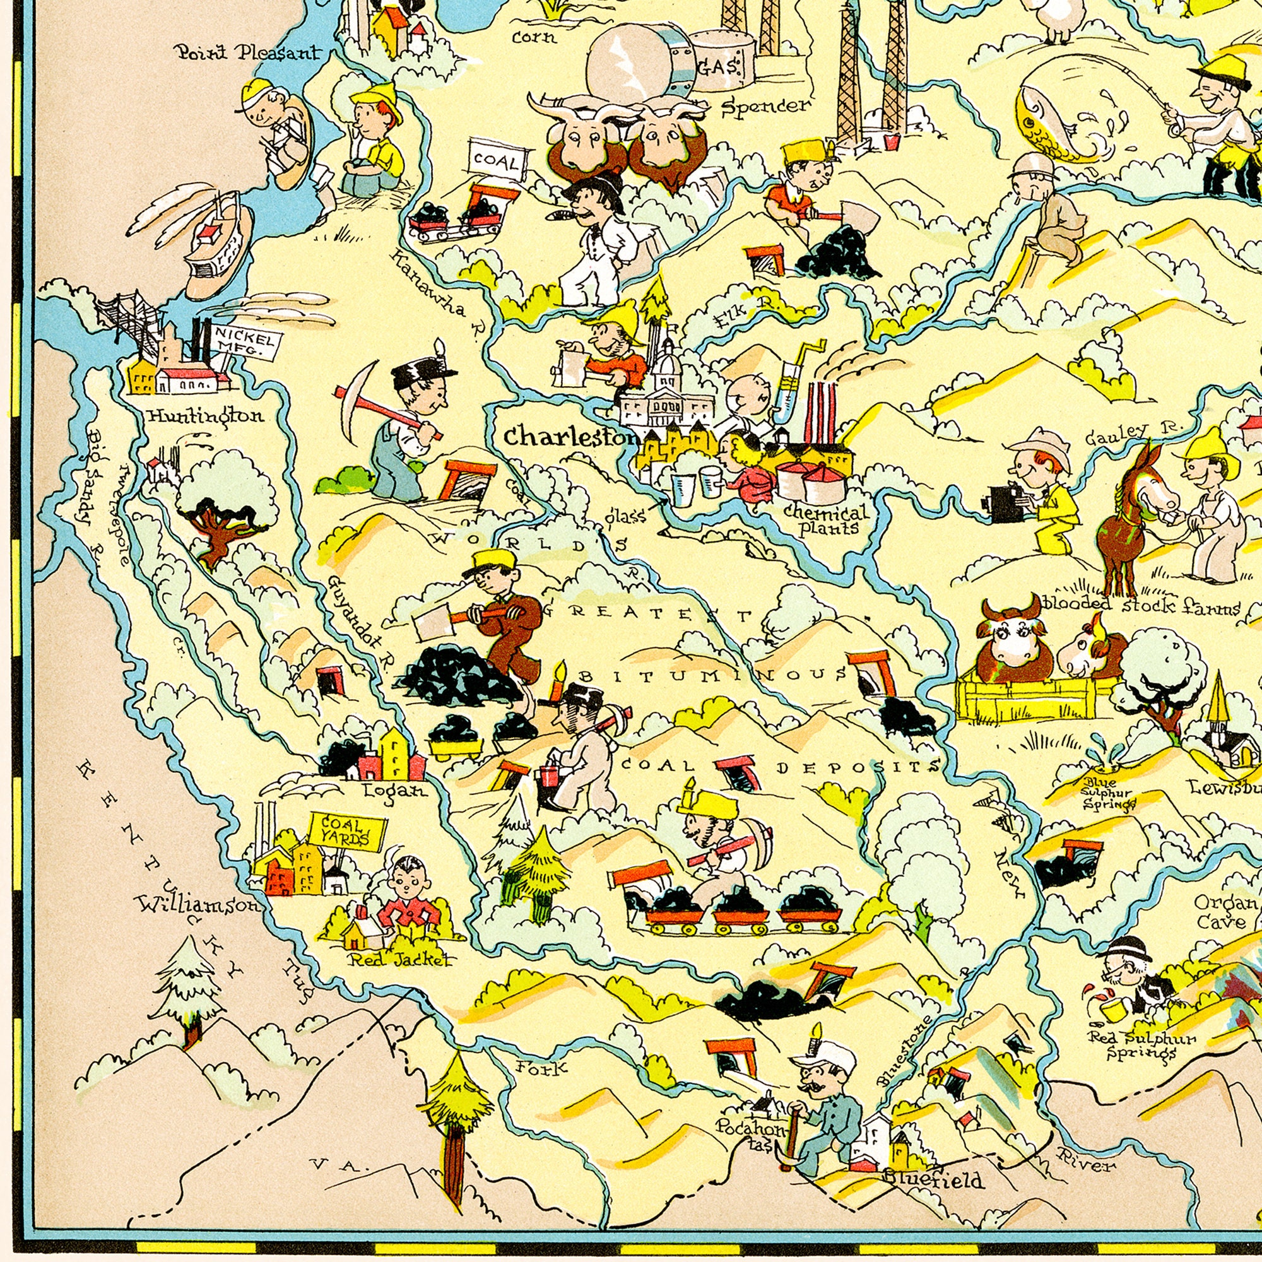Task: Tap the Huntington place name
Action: tap(205, 415)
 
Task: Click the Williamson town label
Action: tap(199, 905)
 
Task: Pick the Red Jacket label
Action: tap(400, 960)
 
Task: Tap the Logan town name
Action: tap(396, 791)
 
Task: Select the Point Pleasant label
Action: tap(248, 52)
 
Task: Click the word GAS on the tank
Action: tap(719, 66)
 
